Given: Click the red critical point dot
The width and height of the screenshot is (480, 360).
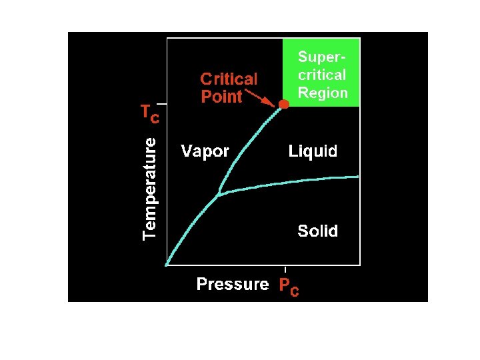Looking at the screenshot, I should (284, 104).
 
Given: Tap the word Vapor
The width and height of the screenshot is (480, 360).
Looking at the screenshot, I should (205, 151).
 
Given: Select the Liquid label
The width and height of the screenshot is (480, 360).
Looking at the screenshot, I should (313, 151).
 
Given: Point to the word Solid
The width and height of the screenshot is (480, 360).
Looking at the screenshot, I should (317, 231).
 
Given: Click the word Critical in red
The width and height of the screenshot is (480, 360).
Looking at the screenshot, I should (229, 79).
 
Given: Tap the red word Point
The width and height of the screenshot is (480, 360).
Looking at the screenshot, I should (221, 97).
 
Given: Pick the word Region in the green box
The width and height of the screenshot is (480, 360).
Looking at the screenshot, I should (323, 93).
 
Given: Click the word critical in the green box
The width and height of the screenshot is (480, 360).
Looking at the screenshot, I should (322, 75).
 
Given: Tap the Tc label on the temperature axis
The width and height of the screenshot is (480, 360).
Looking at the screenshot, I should (149, 115).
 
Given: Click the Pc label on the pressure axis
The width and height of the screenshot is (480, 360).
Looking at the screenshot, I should (289, 287).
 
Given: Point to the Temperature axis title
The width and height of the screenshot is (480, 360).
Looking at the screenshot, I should (151, 187).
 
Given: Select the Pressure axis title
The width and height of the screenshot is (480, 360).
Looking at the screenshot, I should (232, 285).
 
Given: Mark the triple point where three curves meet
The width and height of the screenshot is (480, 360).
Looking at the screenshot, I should (219, 195).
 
